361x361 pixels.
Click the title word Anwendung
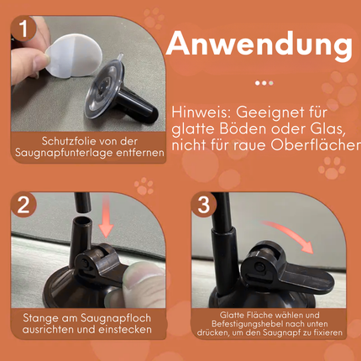[x=259, y=44]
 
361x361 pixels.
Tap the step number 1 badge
[x=24, y=28]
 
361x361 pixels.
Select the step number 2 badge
[x=24, y=205]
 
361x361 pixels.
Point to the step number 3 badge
[x=204, y=205]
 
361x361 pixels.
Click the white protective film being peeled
[x=73, y=55]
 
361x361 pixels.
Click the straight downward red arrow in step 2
[x=106, y=216]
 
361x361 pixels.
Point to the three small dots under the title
[x=264, y=83]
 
